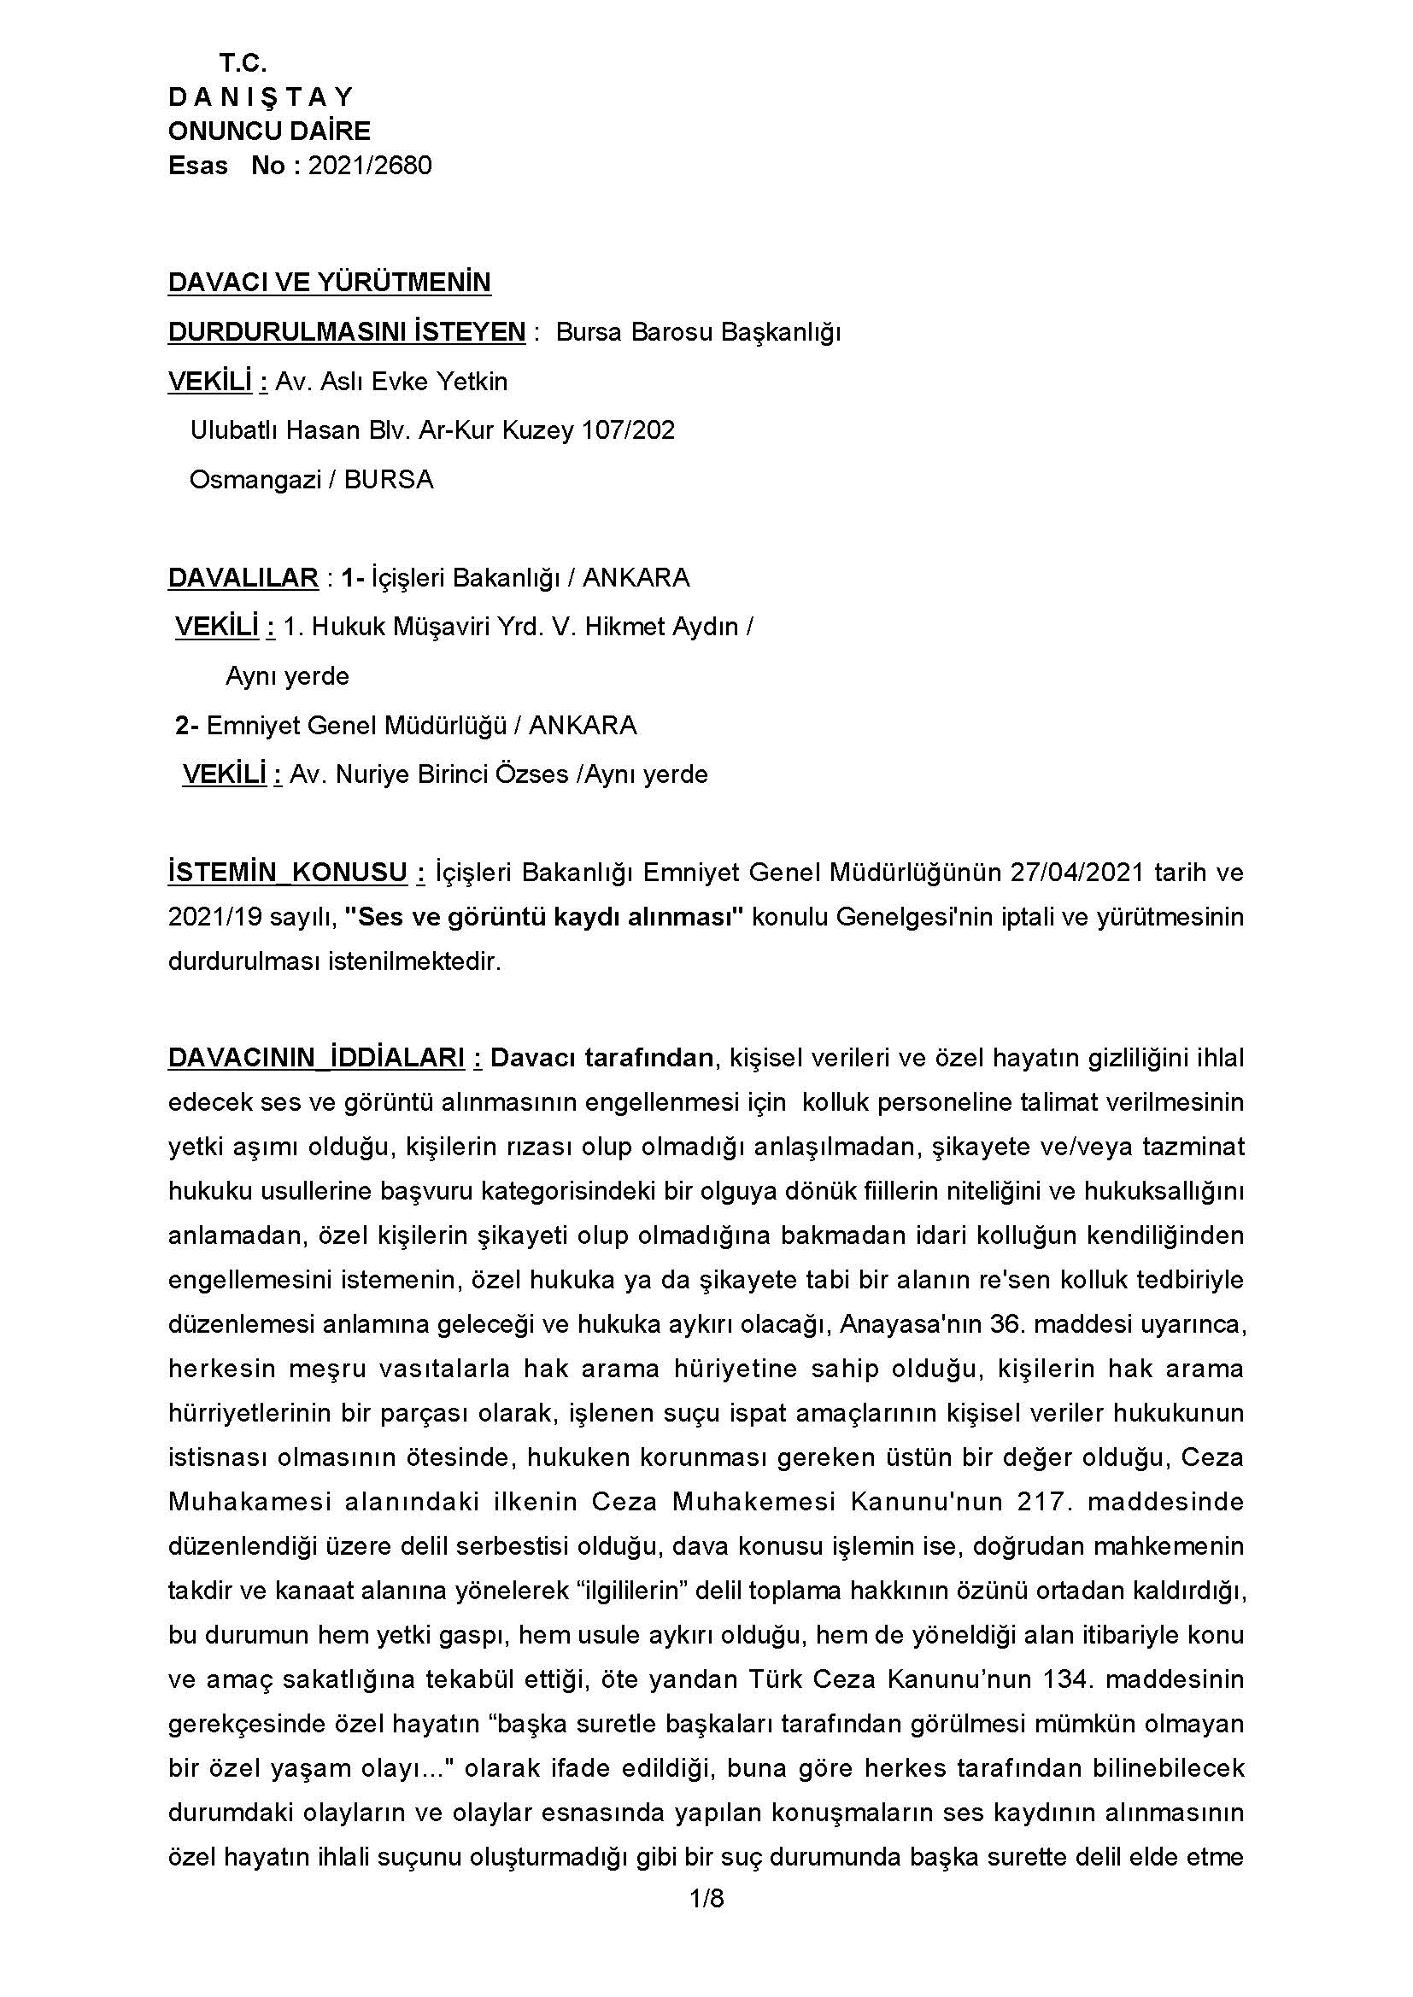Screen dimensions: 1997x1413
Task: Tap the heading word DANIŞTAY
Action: click(261, 96)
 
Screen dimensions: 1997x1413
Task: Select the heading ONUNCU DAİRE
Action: click(269, 131)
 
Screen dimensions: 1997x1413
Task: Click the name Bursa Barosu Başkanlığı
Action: click(698, 332)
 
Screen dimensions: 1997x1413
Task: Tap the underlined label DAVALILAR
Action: click(243, 577)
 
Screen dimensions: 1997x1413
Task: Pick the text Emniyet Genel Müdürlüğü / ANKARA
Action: click(421, 726)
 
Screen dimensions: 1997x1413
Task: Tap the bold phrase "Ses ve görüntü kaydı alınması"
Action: click(544, 917)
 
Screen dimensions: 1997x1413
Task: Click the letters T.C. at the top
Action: click(243, 63)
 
